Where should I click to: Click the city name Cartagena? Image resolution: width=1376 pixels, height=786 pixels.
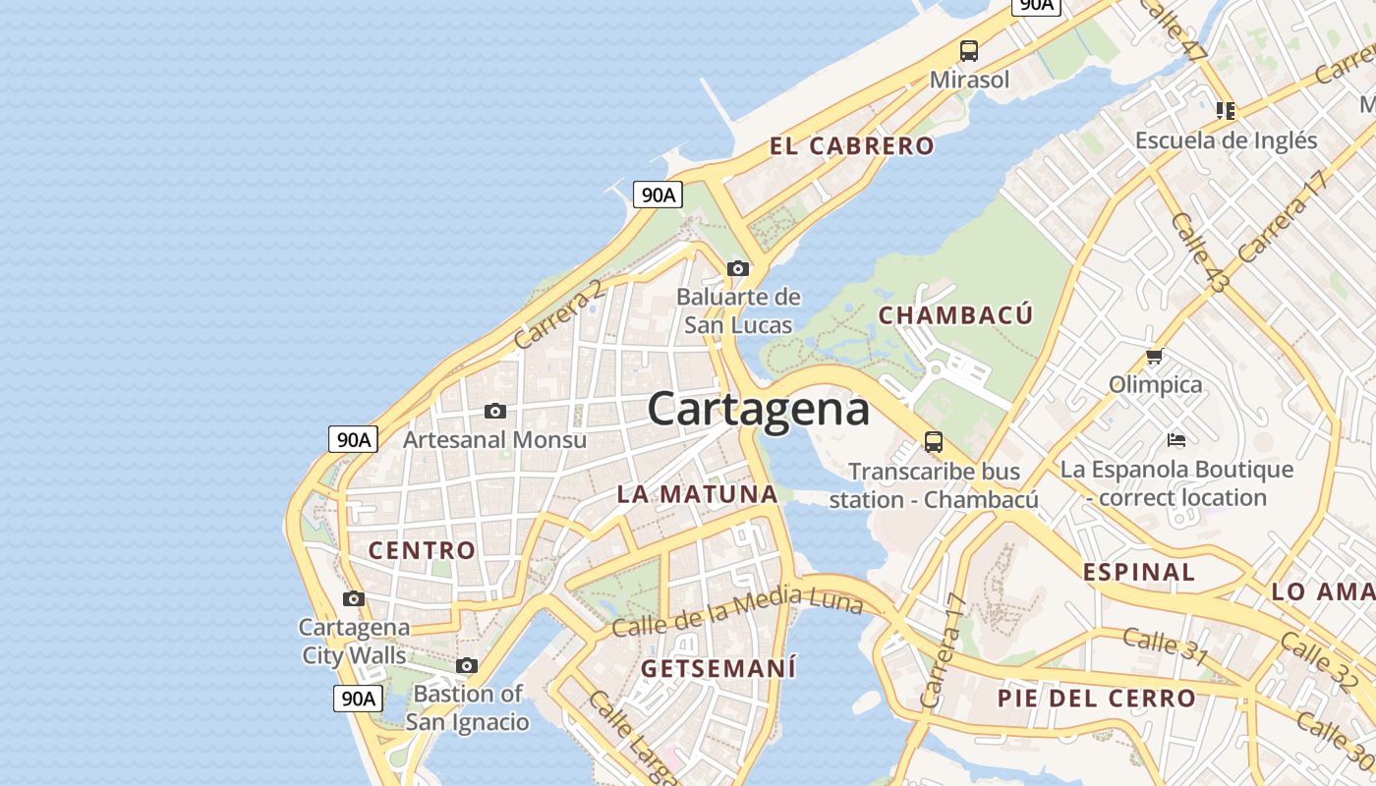pos(758,409)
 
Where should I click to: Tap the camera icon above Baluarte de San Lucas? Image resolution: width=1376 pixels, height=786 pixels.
pos(738,268)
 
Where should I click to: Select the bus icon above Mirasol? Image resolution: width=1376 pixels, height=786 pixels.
pos(969,51)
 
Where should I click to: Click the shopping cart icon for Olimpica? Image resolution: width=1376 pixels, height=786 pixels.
pos(1155,356)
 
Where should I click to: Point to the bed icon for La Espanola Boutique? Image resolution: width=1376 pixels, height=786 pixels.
pos(1176,439)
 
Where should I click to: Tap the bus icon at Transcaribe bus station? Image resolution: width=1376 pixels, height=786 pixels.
pos(934,442)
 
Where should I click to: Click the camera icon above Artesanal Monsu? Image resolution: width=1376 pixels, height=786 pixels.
pos(495,411)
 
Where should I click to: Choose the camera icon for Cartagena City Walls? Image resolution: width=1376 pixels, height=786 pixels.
pos(354,598)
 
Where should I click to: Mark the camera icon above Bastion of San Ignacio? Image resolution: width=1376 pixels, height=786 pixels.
pos(467,665)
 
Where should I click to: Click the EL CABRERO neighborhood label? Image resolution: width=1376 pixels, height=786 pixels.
pos(851,146)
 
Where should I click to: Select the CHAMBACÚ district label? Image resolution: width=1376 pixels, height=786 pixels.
pos(955,315)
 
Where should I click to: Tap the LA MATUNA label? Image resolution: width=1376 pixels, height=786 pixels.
pos(697,494)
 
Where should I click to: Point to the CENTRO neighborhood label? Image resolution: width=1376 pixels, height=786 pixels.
pos(422,550)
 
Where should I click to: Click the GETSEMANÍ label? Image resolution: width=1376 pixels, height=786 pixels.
pos(718,668)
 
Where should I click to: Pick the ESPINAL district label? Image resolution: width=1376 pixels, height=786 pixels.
pos(1138,572)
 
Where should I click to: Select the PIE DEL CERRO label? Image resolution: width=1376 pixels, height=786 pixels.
pos(1096,699)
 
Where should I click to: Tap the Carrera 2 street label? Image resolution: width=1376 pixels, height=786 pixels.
pos(558,314)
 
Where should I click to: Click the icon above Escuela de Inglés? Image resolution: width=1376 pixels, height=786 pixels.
pos(1225,110)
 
